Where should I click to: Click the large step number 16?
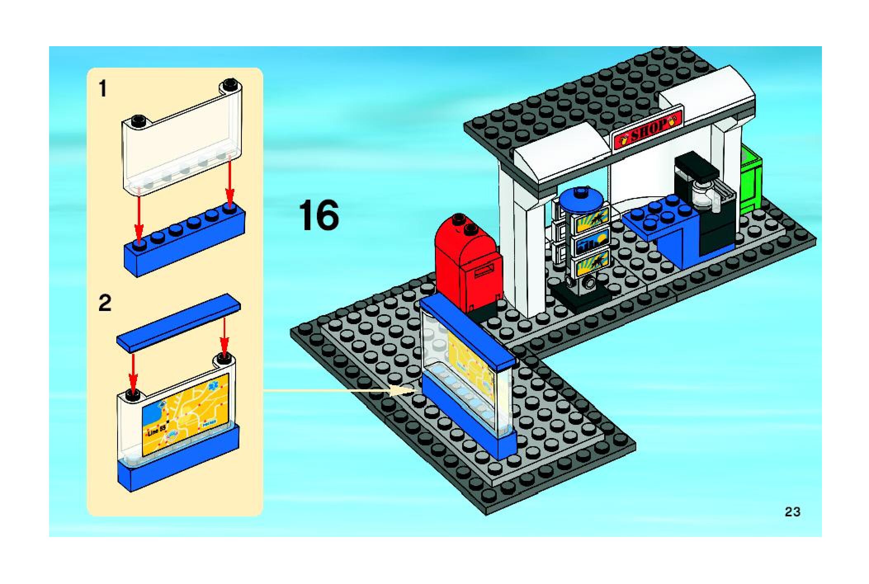(319, 215)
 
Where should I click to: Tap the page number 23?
(792, 512)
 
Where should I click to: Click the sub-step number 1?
(103, 89)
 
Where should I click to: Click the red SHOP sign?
(648, 128)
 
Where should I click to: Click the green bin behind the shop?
(750, 181)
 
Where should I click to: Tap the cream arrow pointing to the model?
(330, 390)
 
